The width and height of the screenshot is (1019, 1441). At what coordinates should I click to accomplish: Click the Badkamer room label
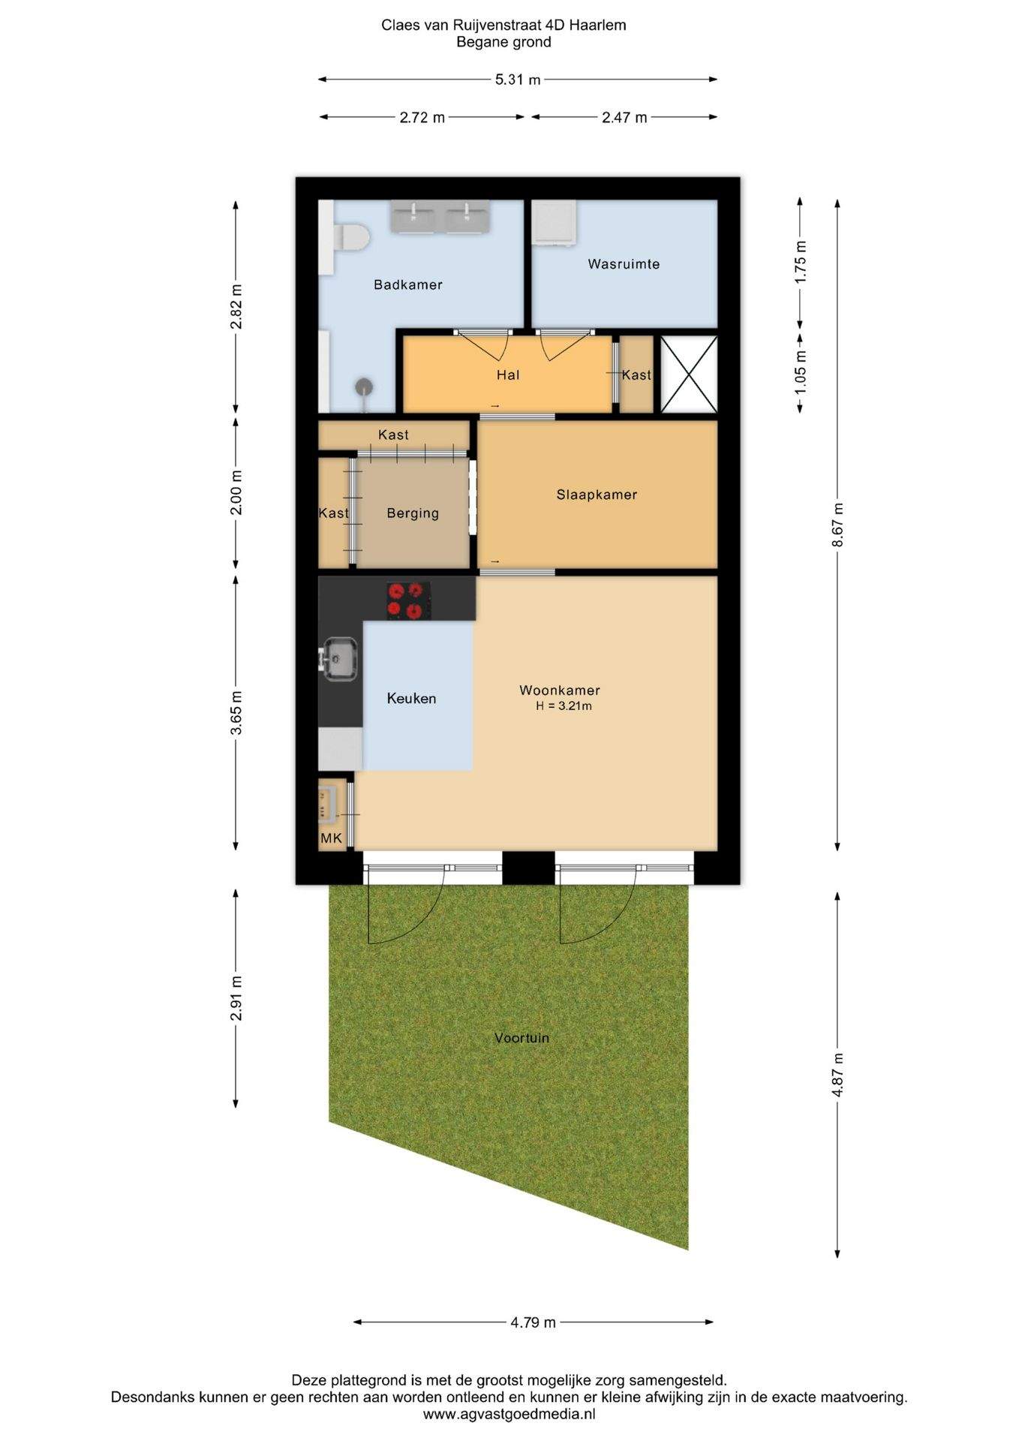tap(408, 284)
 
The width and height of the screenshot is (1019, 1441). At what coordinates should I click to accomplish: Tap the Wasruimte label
tap(624, 264)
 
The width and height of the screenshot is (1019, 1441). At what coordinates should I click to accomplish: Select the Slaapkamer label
tap(597, 495)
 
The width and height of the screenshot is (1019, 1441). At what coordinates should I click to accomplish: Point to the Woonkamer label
tap(560, 690)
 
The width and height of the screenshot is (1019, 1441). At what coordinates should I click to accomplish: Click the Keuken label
tap(411, 699)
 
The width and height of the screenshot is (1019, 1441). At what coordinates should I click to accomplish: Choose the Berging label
tap(413, 513)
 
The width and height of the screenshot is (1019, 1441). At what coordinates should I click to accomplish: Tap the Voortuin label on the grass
tap(522, 1038)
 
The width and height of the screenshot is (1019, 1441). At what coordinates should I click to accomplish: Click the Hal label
tap(508, 375)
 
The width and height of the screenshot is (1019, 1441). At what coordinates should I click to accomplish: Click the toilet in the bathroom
tap(350, 239)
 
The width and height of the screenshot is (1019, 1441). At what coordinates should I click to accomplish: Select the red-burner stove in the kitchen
tap(409, 601)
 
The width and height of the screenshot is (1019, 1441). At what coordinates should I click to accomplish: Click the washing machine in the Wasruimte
tap(555, 223)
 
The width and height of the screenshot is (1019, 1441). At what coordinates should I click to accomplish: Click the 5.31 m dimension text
tap(518, 80)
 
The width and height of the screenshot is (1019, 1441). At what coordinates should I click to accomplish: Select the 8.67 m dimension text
tap(837, 524)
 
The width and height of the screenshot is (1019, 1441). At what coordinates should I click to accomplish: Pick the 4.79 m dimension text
tap(534, 1322)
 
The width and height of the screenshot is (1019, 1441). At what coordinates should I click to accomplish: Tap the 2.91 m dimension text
tap(236, 998)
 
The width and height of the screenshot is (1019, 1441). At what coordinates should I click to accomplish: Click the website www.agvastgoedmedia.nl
tap(509, 1414)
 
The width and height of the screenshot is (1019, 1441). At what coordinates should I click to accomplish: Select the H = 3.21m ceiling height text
tap(564, 706)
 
